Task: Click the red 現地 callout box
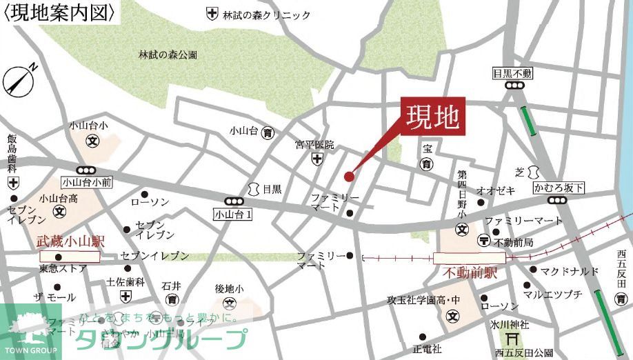click(x=433, y=117)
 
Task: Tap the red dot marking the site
click(x=349, y=177)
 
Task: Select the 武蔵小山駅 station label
click(x=70, y=242)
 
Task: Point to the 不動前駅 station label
click(x=470, y=273)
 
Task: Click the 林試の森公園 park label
click(x=168, y=54)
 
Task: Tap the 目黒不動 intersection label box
click(x=513, y=73)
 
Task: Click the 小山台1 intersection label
click(x=233, y=214)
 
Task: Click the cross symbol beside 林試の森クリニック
click(x=212, y=14)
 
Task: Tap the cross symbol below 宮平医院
click(x=316, y=159)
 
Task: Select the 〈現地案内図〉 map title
click(x=58, y=12)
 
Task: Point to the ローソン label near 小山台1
click(x=150, y=202)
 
